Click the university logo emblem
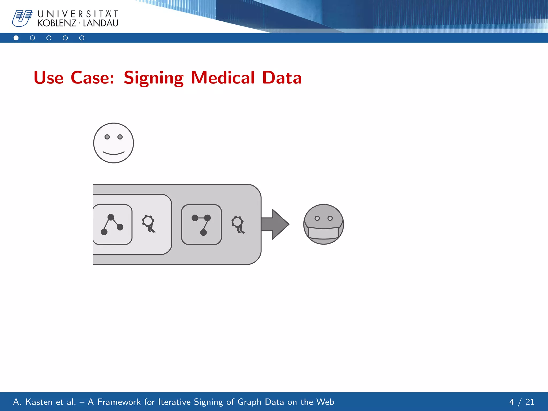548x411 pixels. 22,18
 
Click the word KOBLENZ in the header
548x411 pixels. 57,23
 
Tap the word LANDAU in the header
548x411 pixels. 101,23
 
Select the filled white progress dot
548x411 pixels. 16,38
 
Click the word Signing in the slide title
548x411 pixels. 154,78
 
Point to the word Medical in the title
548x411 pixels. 223,78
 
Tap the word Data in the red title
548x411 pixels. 282,78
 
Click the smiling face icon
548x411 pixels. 113,143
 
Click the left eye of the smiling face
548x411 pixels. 107,137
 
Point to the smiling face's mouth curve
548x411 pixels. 113,153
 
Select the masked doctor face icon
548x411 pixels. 324,224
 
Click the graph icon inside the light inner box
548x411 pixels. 112,224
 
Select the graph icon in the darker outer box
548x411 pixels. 201,224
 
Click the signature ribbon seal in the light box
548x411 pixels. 149,223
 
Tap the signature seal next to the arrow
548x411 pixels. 238,224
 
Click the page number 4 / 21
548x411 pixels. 522,402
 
